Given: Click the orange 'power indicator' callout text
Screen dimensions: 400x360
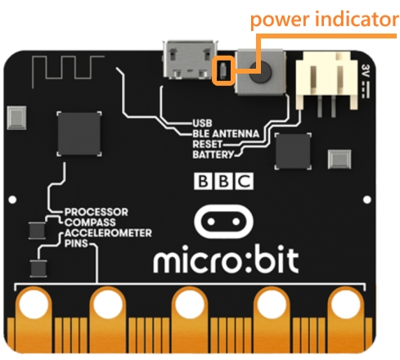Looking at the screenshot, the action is coord(324,20).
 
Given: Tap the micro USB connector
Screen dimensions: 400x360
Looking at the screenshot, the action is coord(190,60).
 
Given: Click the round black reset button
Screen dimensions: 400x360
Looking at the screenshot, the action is coord(260,73).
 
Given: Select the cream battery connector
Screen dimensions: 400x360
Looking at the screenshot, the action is coord(326,82).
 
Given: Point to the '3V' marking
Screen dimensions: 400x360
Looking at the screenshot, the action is coord(366,70).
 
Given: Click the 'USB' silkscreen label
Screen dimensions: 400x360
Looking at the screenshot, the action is coord(202,124).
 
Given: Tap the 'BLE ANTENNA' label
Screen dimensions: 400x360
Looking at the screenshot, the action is coord(226,133).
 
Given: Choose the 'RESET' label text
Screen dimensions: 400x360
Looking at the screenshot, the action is coord(207,144).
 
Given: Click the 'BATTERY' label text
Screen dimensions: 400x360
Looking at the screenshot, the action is coord(213,155).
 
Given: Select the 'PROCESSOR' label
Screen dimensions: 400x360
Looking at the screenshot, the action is coord(96,212).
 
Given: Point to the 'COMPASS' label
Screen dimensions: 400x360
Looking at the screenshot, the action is coord(90,223).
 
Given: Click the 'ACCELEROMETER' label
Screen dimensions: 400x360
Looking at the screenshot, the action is coord(108,233).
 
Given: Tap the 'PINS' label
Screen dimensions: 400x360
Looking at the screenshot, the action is coord(76,243).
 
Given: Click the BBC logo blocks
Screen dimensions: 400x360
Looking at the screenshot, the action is coord(223,181).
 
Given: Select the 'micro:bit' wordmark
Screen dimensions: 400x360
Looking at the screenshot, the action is coord(226,259).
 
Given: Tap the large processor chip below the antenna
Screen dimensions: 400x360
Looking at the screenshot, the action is coord(79,133).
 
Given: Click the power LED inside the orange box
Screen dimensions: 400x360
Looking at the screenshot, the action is coord(223,70).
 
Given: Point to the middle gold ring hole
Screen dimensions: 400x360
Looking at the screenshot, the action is coord(190,304).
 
